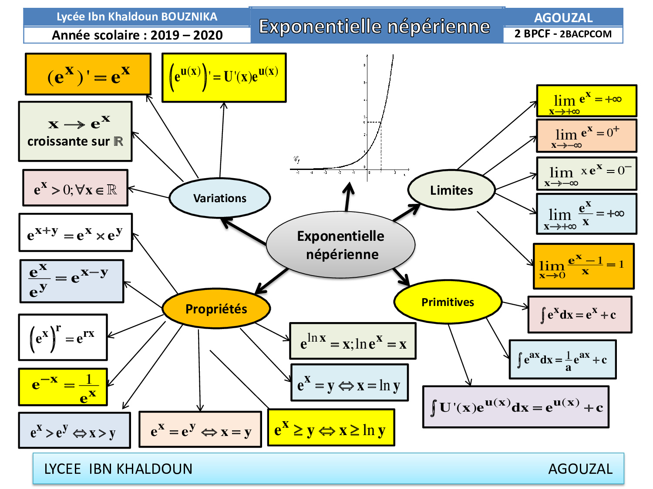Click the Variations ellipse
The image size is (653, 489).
(220, 198)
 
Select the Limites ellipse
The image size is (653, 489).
(451, 190)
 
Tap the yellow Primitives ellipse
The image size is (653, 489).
(448, 302)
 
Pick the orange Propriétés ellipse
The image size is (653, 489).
(216, 309)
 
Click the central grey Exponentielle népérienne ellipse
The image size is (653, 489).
(340, 245)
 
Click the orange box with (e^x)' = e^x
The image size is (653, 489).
(88, 74)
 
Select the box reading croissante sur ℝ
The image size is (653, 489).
(75, 132)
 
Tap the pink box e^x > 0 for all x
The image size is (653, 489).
(75, 188)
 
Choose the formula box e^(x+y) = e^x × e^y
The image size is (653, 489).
(75, 233)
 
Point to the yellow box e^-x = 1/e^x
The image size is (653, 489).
(63, 387)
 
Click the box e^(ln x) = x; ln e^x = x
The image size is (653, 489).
(353, 341)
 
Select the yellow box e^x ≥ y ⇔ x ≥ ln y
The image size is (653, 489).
(331, 428)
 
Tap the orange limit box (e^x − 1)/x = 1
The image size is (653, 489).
(583, 266)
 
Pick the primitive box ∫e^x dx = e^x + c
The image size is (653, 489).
(579, 315)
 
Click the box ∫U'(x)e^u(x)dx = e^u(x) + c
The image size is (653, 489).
(516, 407)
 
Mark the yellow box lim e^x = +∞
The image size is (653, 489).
(586, 101)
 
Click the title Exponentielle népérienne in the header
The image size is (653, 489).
(374, 27)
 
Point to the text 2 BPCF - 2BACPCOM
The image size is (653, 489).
(563, 34)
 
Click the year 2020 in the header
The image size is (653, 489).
(208, 35)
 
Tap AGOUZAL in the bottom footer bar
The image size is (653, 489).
(580, 469)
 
